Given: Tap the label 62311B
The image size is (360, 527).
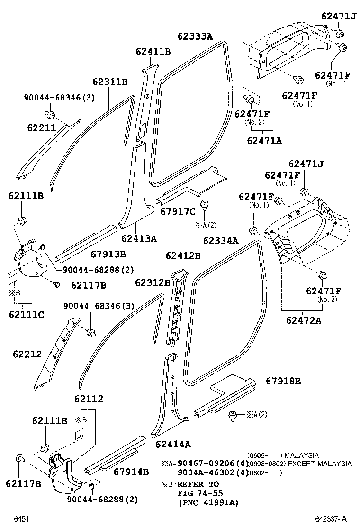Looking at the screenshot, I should (x=110, y=82).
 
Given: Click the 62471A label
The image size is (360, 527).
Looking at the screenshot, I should (x=265, y=140).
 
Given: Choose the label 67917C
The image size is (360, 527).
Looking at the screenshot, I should (x=178, y=211).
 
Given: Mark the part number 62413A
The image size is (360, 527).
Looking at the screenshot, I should (x=138, y=238).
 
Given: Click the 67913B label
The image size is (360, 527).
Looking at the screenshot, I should (x=108, y=254).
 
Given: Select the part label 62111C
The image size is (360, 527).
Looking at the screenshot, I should (x=26, y=314).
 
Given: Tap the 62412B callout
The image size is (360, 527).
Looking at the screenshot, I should (x=183, y=256).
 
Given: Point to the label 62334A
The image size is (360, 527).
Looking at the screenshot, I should (x=220, y=241).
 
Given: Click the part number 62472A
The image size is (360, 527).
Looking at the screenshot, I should (x=303, y=320).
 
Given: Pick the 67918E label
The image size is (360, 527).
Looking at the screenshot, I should (x=283, y=381).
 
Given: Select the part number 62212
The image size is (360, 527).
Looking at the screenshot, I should (x=27, y=354).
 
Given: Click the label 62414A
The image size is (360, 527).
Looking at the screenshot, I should (x=173, y=444).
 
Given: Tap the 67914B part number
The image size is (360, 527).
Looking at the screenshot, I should (x=131, y=472).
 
